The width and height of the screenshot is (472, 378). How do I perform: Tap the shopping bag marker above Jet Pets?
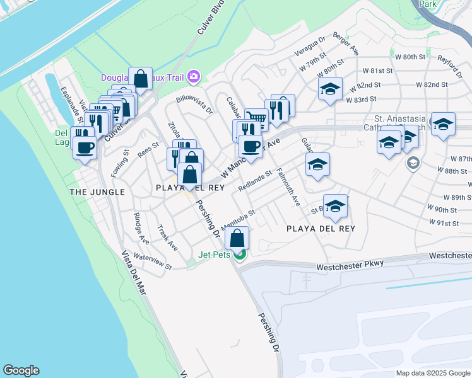click(x=237, y=239)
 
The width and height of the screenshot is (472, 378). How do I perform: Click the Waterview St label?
click(x=153, y=263)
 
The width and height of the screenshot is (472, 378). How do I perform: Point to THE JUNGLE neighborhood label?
click(x=97, y=192)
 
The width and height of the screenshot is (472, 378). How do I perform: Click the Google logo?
click(x=21, y=370)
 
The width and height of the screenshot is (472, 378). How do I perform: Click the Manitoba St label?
click(x=237, y=219)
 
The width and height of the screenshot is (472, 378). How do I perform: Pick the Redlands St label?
click(x=255, y=181)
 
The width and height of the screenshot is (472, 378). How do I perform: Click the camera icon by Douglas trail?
click(x=193, y=77)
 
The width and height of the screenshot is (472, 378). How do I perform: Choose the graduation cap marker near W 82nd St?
click(x=329, y=89)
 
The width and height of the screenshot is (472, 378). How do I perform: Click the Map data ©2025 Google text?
click(x=433, y=373)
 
